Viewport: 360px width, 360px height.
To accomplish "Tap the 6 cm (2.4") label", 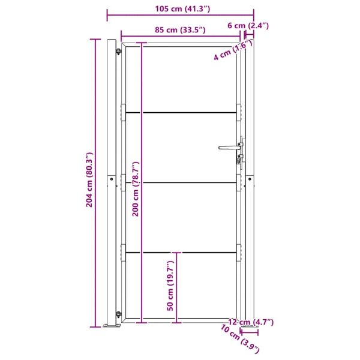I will (248, 25).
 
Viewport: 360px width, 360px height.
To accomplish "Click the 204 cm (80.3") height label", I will (89, 180).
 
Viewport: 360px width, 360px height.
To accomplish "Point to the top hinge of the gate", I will (118, 52).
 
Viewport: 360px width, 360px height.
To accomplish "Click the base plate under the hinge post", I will (110, 326).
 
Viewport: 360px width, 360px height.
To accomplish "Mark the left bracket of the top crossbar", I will (124, 112).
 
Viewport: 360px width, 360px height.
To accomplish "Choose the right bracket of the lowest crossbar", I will (239, 253).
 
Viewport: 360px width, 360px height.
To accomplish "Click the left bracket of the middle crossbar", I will (124, 182).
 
